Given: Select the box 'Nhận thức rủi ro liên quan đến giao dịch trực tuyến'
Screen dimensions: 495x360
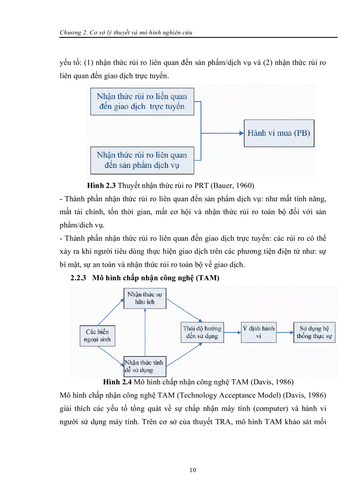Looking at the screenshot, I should [x=142, y=101].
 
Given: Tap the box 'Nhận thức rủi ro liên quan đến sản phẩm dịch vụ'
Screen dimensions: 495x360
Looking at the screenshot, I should [x=142, y=160].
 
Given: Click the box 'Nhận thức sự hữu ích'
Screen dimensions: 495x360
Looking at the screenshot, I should [x=145, y=298].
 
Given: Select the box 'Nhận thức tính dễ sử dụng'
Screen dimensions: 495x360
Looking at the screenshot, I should [x=145, y=366].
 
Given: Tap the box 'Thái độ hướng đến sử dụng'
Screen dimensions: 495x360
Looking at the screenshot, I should [x=202, y=333].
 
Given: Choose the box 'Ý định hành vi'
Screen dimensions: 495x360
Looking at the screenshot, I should [x=259, y=333].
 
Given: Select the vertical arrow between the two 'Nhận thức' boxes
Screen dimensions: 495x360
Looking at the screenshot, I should [x=145, y=333].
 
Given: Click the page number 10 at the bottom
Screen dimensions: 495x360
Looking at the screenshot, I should [x=192, y=470].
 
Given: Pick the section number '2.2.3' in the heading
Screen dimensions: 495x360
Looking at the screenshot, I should [x=80, y=278].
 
